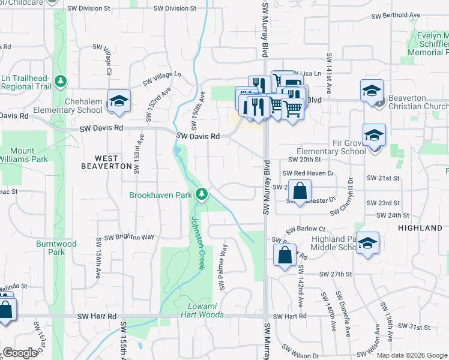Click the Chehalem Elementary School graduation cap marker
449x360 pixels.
119,100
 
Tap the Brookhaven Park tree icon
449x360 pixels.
203,194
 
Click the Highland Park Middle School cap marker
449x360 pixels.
367,243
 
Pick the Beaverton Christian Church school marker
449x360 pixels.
372,91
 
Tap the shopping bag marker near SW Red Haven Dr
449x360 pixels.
300,191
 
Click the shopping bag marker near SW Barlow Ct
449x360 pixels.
285,254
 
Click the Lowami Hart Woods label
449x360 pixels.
202,310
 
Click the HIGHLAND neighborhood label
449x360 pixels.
420,228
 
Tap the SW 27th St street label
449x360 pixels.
335,274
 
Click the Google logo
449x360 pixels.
19,353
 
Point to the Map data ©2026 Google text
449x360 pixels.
411,355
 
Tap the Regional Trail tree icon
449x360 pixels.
60,80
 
